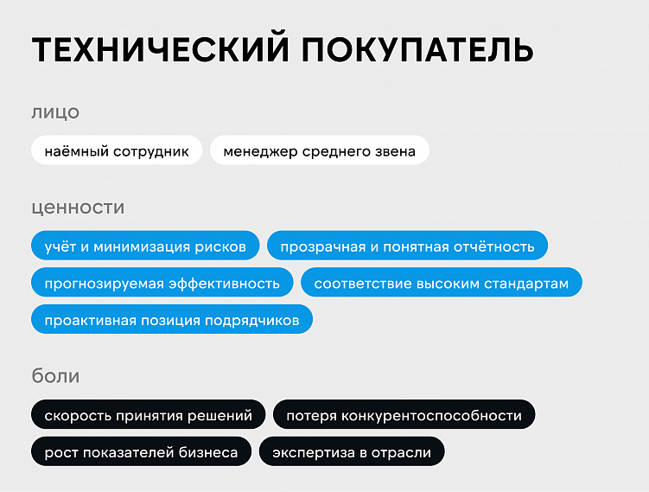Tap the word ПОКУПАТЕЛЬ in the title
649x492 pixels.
click(x=417, y=51)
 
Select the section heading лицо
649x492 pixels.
click(x=55, y=112)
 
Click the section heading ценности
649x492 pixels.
click(x=78, y=208)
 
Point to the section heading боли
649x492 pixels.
click(x=55, y=376)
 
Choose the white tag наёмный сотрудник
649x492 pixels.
click(x=117, y=151)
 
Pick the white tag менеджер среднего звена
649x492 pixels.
click(x=319, y=151)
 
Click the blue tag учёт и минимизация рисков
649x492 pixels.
click(x=145, y=246)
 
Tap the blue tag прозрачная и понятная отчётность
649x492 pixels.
click(x=407, y=246)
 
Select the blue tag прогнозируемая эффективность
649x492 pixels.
click(x=162, y=283)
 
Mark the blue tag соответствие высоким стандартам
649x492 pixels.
click(x=442, y=283)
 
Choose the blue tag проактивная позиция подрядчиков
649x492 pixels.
click(x=172, y=320)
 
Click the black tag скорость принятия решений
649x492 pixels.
click(x=149, y=415)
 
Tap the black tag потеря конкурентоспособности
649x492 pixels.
click(x=404, y=415)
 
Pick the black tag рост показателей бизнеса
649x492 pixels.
click(x=141, y=452)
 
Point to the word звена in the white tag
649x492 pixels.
click(x=394, y=151)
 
